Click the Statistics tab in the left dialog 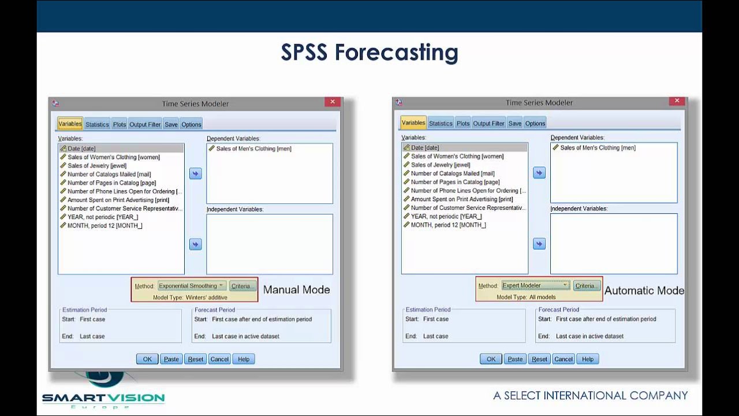97,124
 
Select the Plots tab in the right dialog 463,123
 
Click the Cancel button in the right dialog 563,359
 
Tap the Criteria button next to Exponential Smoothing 242,286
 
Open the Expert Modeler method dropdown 535,285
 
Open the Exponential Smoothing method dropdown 192,286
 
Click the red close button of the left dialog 332,102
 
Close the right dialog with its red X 677,101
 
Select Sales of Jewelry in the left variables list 97,166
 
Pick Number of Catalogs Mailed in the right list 453,173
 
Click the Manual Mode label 297,290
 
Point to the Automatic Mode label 644,291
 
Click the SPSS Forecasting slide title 369,53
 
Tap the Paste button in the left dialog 171,359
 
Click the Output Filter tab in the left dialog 145,124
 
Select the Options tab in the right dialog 535,123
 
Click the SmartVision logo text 103,398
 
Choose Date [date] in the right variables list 425,148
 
